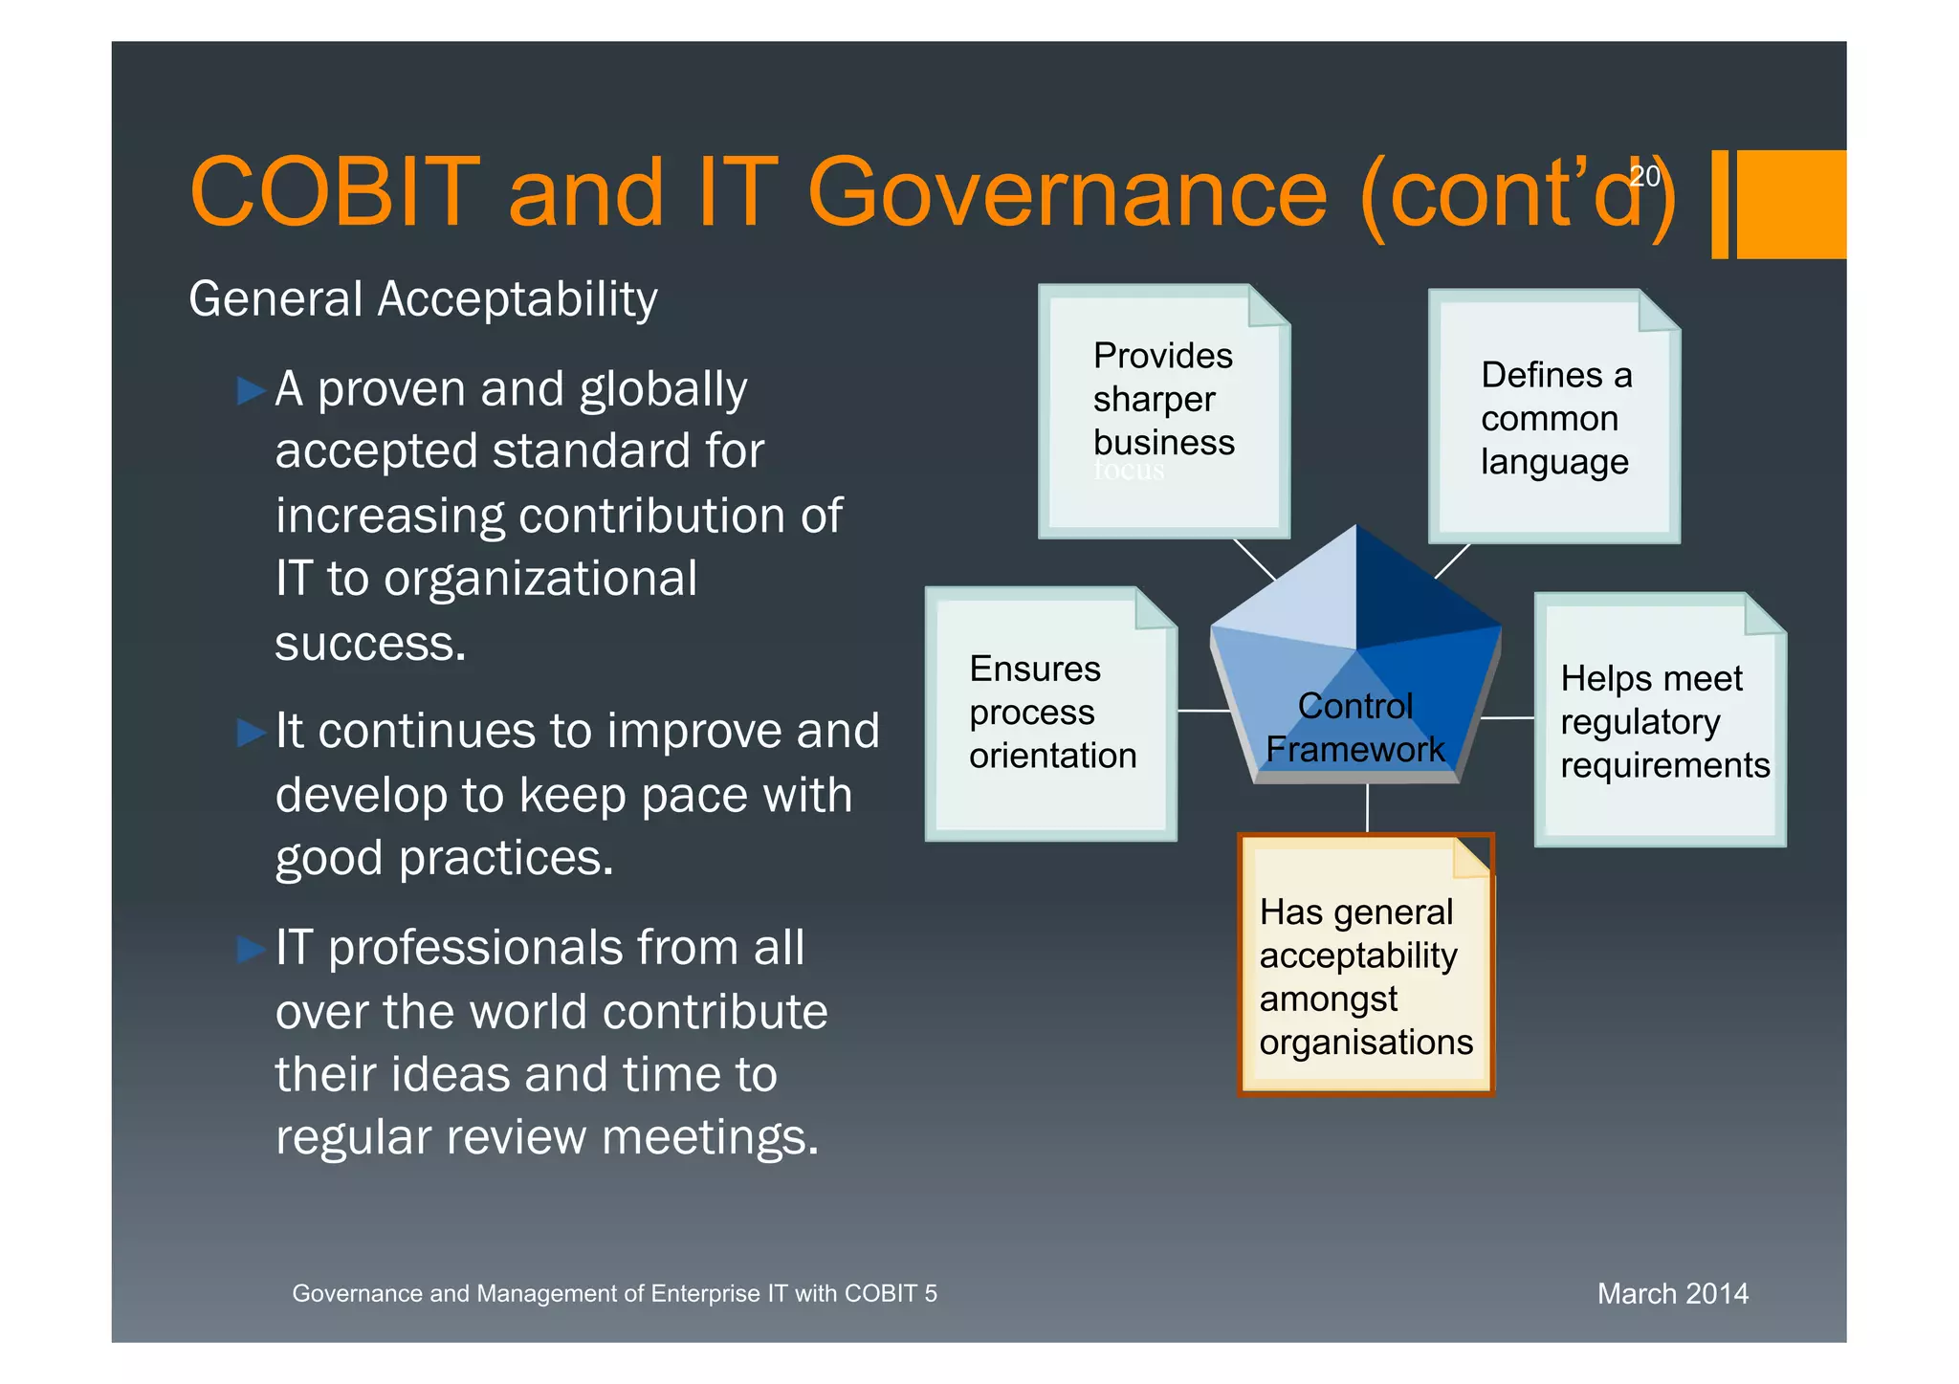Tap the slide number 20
(x=1644, y=176)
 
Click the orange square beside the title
(x=1790, y=204)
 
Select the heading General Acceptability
(x=423, y=299)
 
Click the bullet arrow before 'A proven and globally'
(x=251, y=390)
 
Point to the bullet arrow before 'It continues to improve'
(x=251, y=733)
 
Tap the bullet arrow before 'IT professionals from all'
(x=251, y=949)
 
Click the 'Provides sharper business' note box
(x=1163, y=402)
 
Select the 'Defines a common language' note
(x=1554, y=418)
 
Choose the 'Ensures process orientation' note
(x=1051, y=713)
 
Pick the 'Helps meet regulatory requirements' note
(x=1660, y=722)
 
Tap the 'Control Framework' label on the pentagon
(x=1354, y=728)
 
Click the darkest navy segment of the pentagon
(x=1416, y=593)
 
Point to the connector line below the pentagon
(x=1367, y=808)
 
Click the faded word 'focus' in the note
(x=1129, y=470)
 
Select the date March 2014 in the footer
(x=1672, y=1293)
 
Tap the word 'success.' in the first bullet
(x=370, y=644)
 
